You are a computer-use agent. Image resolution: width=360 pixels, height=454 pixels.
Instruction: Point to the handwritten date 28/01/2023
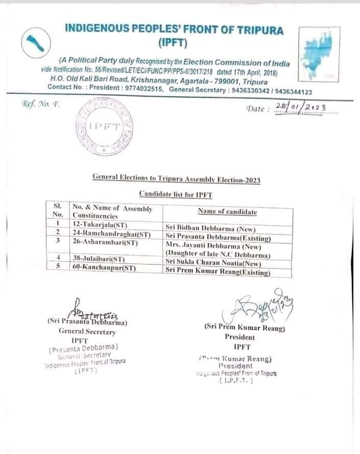(x=302, y=107)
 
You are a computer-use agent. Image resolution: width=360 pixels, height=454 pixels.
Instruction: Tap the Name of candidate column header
(x=227, y=212)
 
